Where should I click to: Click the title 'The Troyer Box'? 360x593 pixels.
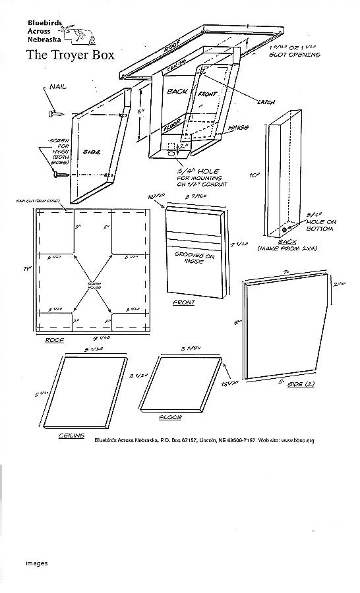pyautogui.click(x=71, y=55)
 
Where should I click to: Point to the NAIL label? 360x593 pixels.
pyautogui.click(x=57, y=87)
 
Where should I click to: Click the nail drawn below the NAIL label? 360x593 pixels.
pyautogui.click(x=53, y=113)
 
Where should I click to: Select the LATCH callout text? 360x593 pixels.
pyautogui.click(x=266, y=101)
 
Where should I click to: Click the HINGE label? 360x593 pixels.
pyautogui.click(x=238, y=127)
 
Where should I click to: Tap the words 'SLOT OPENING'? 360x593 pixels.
pyautogui.click(x=294, y=55)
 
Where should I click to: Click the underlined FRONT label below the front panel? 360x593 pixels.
pyautogui.click(x=183, y=302)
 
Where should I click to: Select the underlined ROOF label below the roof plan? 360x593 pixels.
pyautogui.click(x=55, y=341)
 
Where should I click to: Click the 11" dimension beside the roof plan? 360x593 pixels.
pyautogui.click(x=28, y=269)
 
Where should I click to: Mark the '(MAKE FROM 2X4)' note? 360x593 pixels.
pyautogui.click(x=287, y=248)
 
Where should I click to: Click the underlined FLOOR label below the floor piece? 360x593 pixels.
pyautogui.click(x=170, y=418)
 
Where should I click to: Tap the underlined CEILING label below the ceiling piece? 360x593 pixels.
pyautogui.click(x=71, y=435)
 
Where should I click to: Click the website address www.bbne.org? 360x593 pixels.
pyautogui.click(x=298, y=440)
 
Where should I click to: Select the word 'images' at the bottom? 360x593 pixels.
pyautogui.click(x=37, y=563)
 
